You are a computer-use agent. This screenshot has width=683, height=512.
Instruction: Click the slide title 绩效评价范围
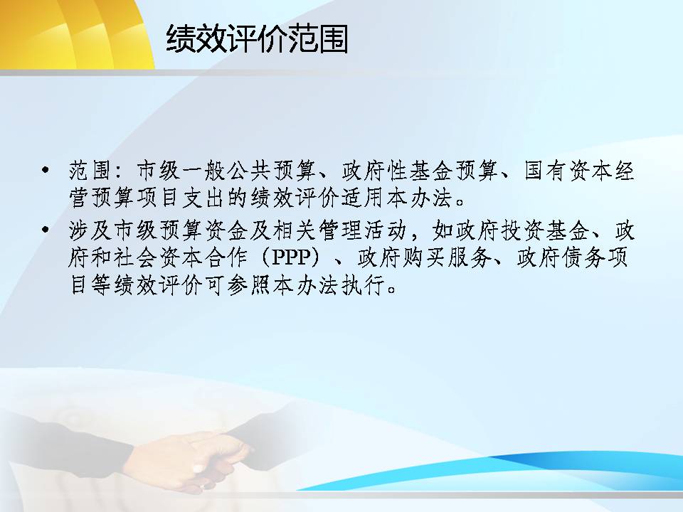pyautogui.click(x=257, y=39)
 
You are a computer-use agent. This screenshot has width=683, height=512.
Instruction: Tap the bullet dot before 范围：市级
pyautogui.click(x=45, y=169)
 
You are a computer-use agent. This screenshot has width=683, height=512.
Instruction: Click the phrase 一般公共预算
pyautogui.click(x=248, y=170)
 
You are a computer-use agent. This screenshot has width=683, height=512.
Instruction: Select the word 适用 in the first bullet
pyautogui.click(x=362, y=198)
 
